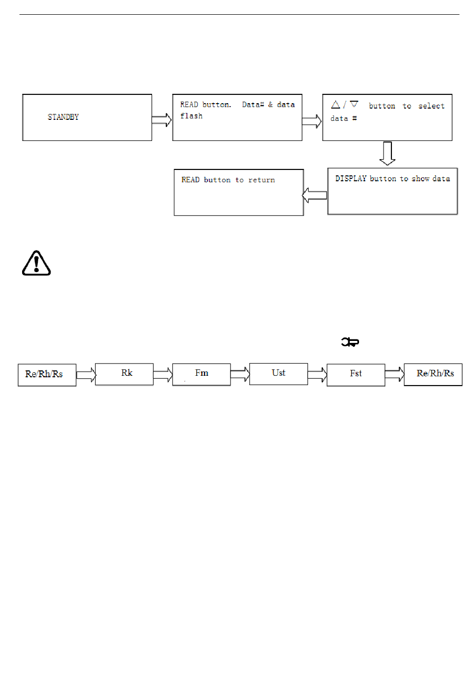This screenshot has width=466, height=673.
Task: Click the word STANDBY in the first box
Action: point(63,117)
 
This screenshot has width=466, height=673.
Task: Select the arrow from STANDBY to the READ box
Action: point(162,120)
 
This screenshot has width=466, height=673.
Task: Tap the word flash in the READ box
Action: point(191,116)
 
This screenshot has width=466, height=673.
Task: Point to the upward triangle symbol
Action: point(336,105)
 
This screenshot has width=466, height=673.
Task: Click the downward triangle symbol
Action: point(354,104)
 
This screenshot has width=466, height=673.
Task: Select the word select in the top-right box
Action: point(431,106)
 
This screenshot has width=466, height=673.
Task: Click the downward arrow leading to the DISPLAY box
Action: point(388,154)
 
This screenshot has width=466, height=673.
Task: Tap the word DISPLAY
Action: point(351,178)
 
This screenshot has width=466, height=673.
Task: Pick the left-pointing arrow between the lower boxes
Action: point(314,196)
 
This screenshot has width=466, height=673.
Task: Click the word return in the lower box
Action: point(261,180)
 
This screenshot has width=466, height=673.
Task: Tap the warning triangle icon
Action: point(36,263)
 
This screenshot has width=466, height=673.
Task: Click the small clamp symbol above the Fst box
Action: point(350,342)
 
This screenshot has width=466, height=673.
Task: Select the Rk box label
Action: point(127,373)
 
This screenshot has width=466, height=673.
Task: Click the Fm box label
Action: point(202,373)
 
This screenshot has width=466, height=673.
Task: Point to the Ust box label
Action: point(279,373)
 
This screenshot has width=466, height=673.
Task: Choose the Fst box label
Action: point(356,373)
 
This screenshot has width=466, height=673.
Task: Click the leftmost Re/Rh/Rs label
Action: point(44,374)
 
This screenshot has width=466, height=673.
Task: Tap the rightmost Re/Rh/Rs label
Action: point(435,373)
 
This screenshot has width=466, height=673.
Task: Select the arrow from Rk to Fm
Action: point(163,375)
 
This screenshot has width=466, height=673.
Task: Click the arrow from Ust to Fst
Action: point(317,375)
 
